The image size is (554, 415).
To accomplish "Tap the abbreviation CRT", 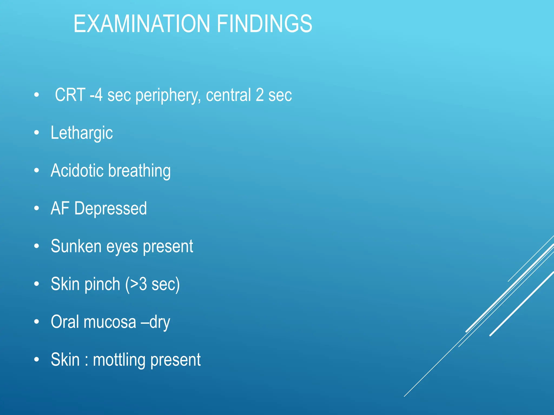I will click(70, 95).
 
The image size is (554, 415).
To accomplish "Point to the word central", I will click(228, 95).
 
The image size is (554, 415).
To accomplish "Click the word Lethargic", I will click(82, 133).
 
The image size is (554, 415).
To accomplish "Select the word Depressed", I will click(110, 209).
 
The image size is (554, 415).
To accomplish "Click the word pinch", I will click(102, 284).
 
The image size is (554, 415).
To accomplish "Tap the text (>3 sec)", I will click(152, 285).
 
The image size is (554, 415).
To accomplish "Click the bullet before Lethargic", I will click(37, 133).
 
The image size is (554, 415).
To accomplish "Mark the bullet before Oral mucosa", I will click(37, 322).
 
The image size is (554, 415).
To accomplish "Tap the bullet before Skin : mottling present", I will click(37, 360).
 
